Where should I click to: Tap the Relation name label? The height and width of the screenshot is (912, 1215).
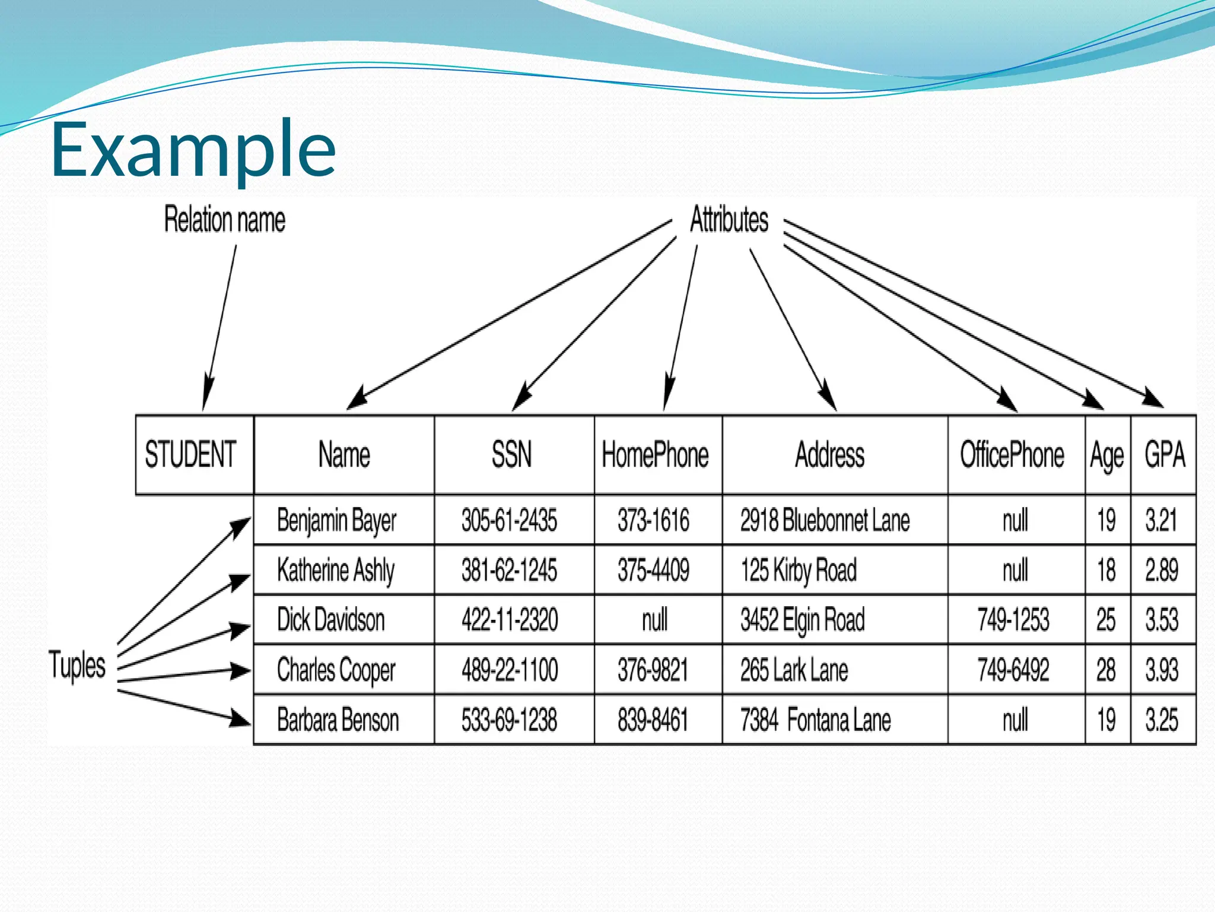224,219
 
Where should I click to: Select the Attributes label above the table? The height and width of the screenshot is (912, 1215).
729,219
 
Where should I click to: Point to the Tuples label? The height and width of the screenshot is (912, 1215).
77,665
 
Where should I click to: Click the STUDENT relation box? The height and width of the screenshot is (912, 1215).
191,454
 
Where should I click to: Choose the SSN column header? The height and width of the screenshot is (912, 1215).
511,454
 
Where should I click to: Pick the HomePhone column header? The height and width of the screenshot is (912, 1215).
655,454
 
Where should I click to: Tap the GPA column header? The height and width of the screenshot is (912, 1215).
1164,454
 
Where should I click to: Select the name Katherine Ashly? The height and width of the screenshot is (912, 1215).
336,570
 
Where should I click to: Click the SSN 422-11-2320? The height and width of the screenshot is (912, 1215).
510,619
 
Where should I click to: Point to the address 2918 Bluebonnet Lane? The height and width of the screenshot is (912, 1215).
825,520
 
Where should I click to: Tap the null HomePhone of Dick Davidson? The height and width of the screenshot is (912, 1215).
654,619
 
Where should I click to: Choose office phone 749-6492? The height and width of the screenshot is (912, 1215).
1013,670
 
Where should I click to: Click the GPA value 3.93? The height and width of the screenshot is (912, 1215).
1162,670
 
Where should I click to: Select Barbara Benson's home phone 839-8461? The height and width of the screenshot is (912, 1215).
653,720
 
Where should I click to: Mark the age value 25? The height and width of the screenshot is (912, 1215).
1106,619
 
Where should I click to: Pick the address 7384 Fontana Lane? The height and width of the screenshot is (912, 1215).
815,720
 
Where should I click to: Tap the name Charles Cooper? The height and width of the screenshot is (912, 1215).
336,670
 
